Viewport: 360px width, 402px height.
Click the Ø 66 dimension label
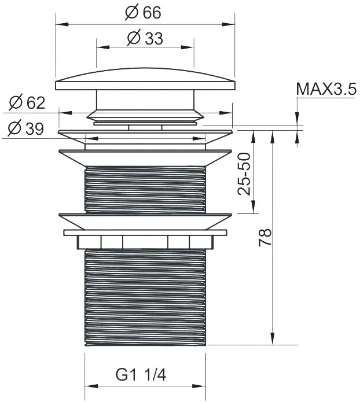(143, 12)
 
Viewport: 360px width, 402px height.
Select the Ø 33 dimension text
(145, 38)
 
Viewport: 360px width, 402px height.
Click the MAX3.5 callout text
(326, 89)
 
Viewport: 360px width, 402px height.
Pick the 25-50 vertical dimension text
(244, 174)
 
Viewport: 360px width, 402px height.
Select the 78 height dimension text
(265, 237)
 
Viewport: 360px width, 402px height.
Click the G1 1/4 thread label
(141, 375)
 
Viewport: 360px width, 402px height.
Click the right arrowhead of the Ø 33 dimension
(188, 47)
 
